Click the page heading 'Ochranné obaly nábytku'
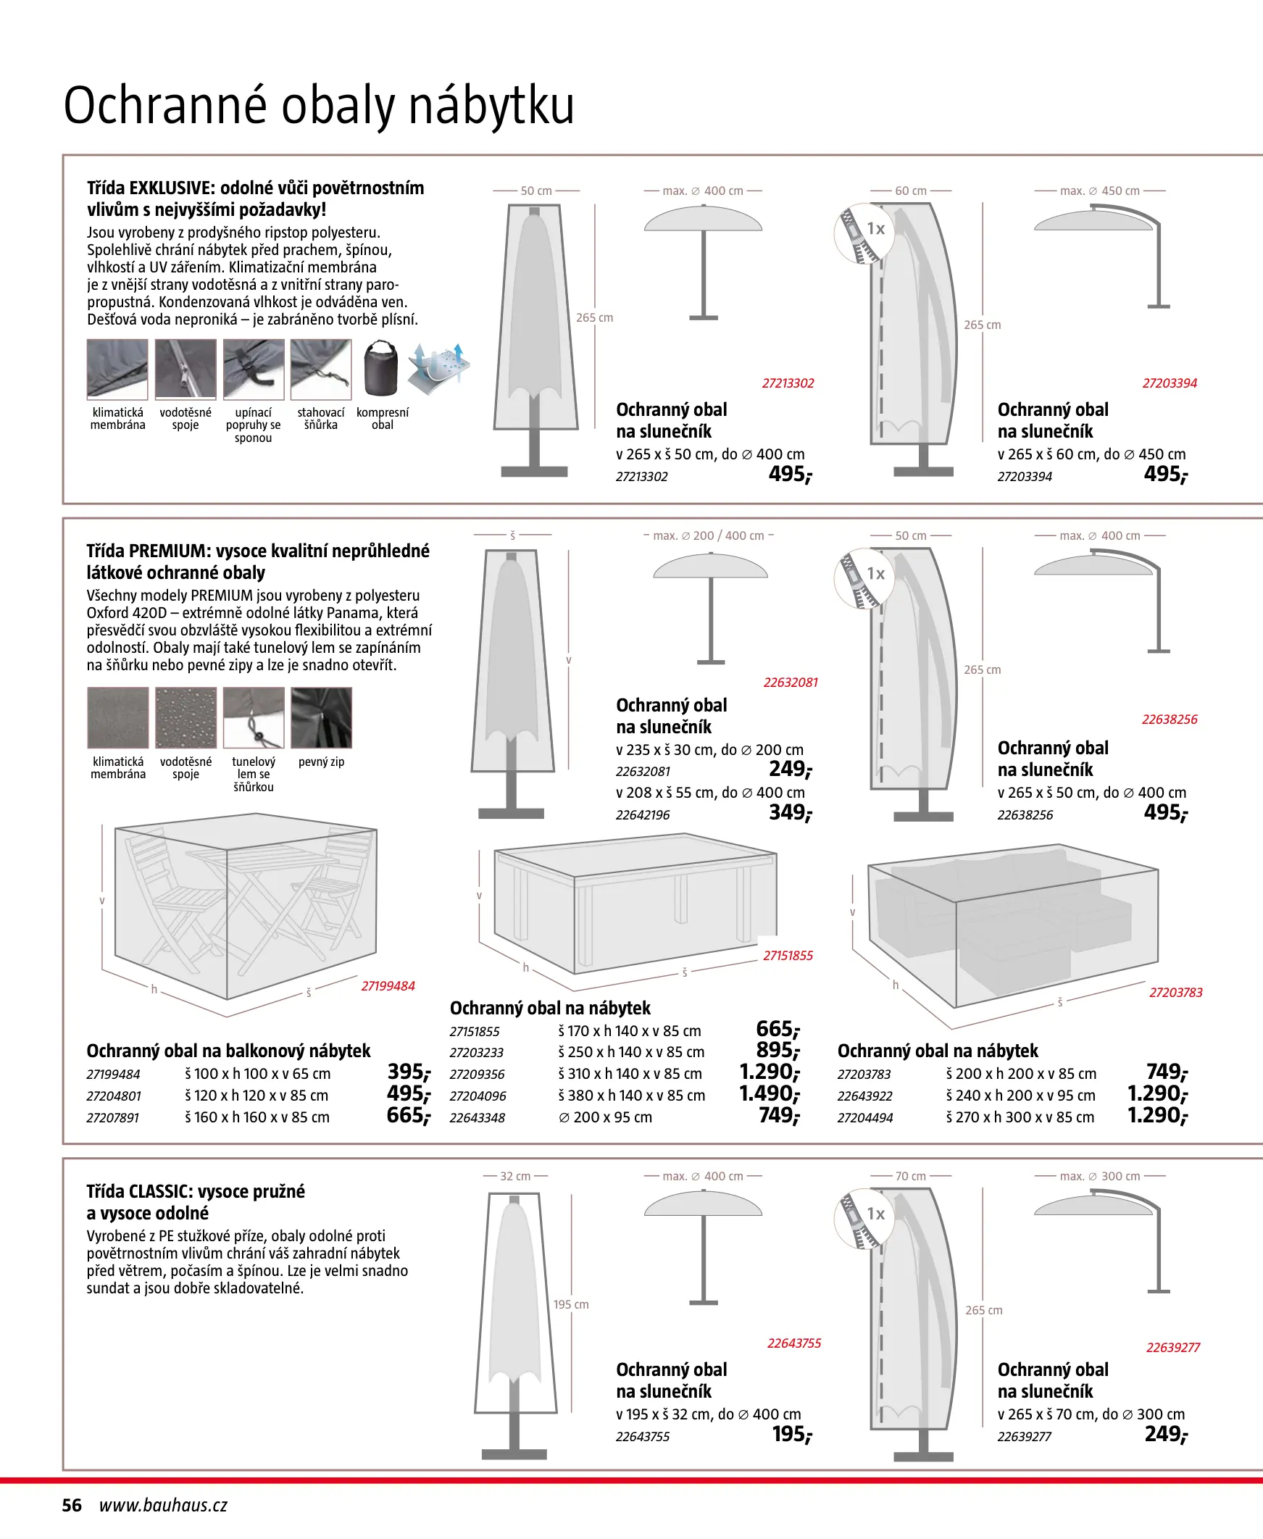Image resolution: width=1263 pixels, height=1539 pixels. (319, 107)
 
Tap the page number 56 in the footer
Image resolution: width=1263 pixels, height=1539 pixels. (72, 1505)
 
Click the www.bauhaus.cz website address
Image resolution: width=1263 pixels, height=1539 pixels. (163, 1505)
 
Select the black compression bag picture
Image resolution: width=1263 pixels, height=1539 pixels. (381, 369)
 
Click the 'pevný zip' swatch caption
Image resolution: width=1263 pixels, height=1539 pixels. (321, 762)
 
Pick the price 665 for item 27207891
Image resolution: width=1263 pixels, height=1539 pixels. (408, 1116)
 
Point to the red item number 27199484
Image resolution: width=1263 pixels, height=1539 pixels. (388, 986)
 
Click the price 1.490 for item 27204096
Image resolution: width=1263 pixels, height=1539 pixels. (769, 1094)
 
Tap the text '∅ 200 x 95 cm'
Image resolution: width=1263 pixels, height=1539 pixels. (605, 1117)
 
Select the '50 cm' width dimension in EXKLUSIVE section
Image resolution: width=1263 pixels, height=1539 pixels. (536, 191)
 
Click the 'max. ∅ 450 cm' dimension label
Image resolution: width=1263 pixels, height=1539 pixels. (1099, 191)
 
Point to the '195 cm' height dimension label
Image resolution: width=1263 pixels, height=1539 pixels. (571, 1305)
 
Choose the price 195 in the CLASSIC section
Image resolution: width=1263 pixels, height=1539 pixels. (791, 1434)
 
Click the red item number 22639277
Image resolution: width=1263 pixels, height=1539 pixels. (1172, 1348)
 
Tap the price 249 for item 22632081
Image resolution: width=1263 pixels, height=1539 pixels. (790, 769)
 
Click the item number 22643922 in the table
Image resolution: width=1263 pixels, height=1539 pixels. (864, 1096)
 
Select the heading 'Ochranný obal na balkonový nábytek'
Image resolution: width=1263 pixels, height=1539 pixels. (228, 1051)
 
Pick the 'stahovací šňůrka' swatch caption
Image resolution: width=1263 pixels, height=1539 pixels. (321, 418)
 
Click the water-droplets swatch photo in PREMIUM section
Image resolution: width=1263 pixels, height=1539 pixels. (186, 718)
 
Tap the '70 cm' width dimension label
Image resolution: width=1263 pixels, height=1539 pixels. (910, 1176)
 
